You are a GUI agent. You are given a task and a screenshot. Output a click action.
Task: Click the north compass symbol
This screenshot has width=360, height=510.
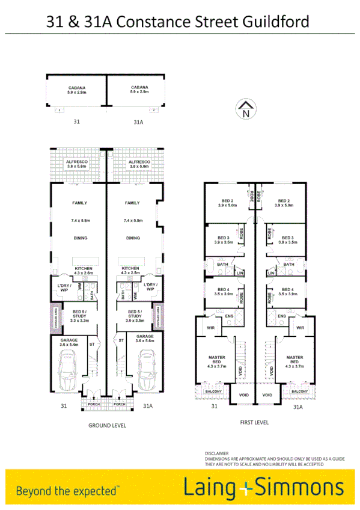click(245, 109)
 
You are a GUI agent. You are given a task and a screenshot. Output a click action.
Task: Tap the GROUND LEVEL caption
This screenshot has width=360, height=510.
click(107, 425)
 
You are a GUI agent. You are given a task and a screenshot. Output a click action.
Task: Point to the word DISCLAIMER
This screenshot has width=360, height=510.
click(216, 453)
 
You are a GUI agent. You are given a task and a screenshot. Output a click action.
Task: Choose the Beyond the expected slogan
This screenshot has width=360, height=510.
click(68, 490)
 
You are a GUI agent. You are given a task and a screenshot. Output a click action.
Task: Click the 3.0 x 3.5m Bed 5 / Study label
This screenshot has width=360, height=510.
click(135, 316)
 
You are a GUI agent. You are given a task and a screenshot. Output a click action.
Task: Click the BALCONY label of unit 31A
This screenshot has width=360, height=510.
click(299, 392)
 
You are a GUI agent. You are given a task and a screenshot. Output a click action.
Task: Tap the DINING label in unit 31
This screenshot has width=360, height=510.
click(81, 238)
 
